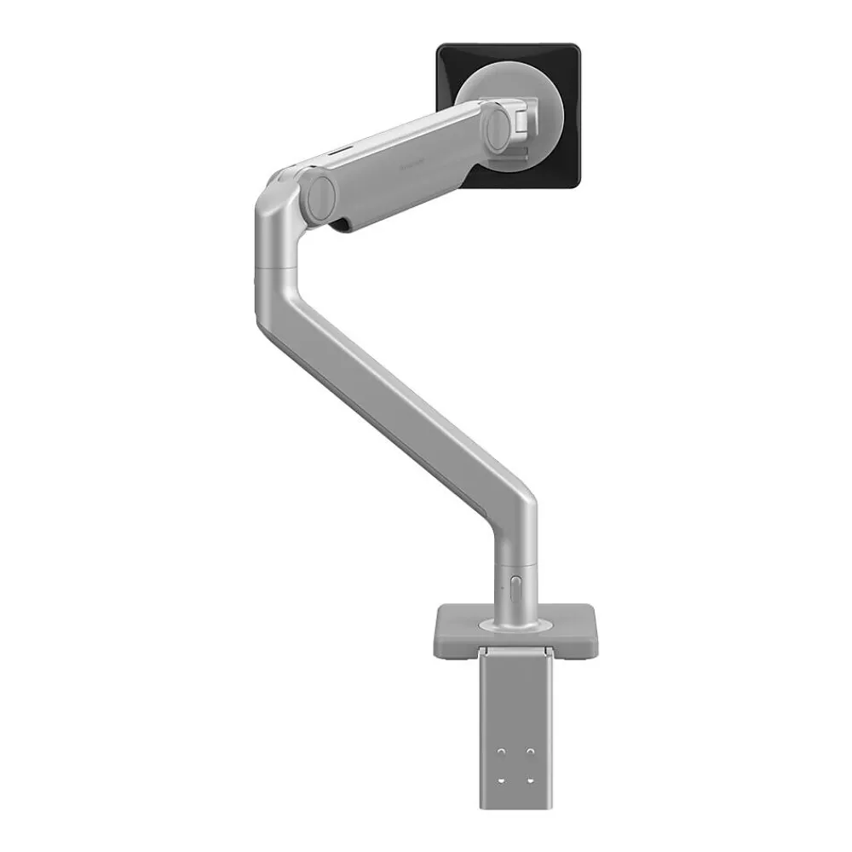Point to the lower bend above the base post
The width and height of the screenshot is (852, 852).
[515, 503]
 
